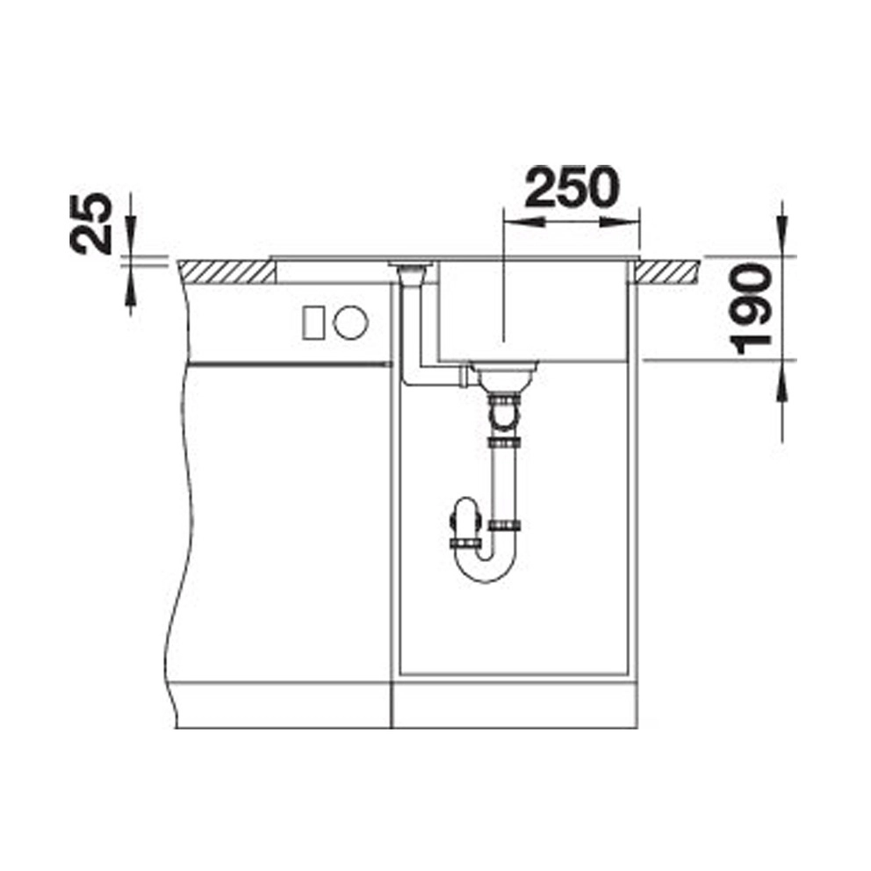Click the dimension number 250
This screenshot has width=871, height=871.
coord(572,187)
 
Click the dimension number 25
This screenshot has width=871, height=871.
coord(91,223)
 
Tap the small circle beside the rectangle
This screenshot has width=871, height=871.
coord(350,321)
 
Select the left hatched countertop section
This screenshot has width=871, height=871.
coord(227,272)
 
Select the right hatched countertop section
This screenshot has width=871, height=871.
coord(667,272)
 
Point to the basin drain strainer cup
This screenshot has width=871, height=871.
coord(504,375)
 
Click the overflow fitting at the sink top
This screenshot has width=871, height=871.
coord(411,270)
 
